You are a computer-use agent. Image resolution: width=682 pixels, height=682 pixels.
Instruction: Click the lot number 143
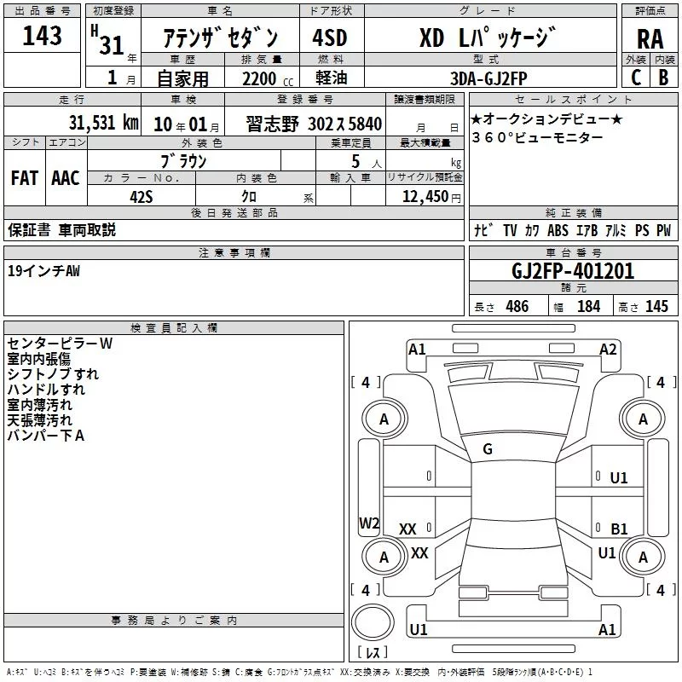(x=42, y=36)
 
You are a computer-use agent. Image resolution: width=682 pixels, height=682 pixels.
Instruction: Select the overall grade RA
(x=650, y=39)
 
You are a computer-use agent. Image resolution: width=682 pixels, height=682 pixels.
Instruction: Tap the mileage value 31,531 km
(x=103, y=123)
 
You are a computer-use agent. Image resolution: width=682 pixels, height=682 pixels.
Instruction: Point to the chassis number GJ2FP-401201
(x=573, y=271)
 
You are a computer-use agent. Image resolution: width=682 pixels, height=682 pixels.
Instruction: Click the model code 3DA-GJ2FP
(x=488, y=78)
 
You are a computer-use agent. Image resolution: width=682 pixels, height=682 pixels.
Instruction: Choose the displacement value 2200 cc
(x=268, y=78)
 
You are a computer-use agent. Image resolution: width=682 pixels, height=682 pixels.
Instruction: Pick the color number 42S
(x=142, y=197)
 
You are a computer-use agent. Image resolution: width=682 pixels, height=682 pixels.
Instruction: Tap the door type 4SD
(x=330, y=38)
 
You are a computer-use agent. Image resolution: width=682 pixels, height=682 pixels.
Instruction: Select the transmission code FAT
(x=25, y=178)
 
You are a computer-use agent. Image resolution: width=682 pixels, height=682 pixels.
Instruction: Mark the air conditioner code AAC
(x=66, y=178)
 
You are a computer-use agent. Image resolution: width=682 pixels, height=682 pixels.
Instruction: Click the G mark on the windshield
(x=488, y=449)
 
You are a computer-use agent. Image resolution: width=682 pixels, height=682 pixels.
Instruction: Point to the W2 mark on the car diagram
(x=369, y=523)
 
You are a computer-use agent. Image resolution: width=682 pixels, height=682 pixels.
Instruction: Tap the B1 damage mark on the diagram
(x=619, y=529)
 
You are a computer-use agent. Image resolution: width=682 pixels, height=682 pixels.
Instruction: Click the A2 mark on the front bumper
(x=608, y=350)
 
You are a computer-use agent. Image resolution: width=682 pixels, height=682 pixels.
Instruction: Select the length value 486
(x=517, y=306)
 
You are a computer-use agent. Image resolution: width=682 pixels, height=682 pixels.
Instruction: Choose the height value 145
(x=656, y=306)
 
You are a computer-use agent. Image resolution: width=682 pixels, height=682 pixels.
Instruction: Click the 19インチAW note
(x=44, y=271)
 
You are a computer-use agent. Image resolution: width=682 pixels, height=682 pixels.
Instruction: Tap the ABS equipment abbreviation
(x=558, y=230)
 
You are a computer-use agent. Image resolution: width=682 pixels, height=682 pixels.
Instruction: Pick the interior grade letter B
(x=663, y=78)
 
